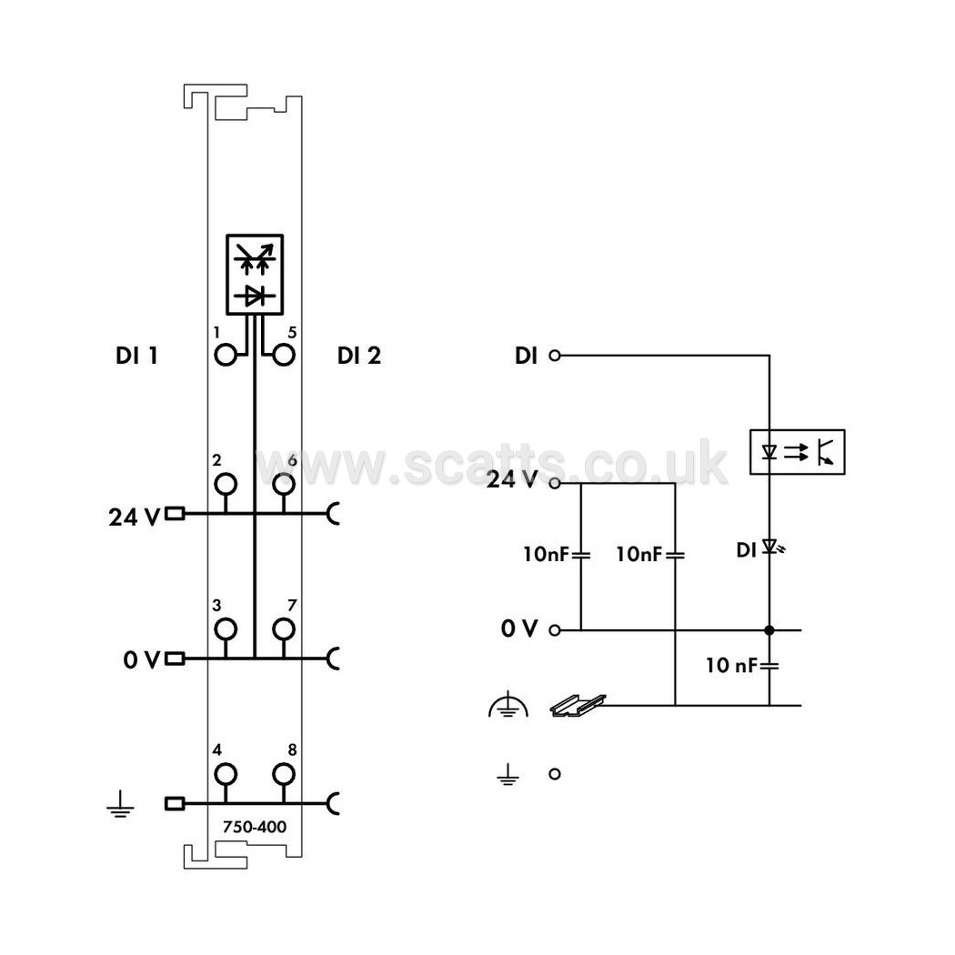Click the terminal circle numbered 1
226,355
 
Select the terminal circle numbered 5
284,355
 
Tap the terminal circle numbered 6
284,484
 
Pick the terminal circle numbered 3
226,629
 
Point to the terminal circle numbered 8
284,775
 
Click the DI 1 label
137,356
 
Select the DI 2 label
359,356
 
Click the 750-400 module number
255,827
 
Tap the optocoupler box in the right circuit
798,452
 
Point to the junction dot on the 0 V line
769,630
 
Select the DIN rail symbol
578,705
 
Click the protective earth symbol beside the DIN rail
508,705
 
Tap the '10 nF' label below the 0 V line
731,665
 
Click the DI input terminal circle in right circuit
554,355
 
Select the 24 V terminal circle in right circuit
554,484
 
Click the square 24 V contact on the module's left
175,514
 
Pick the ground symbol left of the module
121,804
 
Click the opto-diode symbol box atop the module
255,274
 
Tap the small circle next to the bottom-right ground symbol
554,774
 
